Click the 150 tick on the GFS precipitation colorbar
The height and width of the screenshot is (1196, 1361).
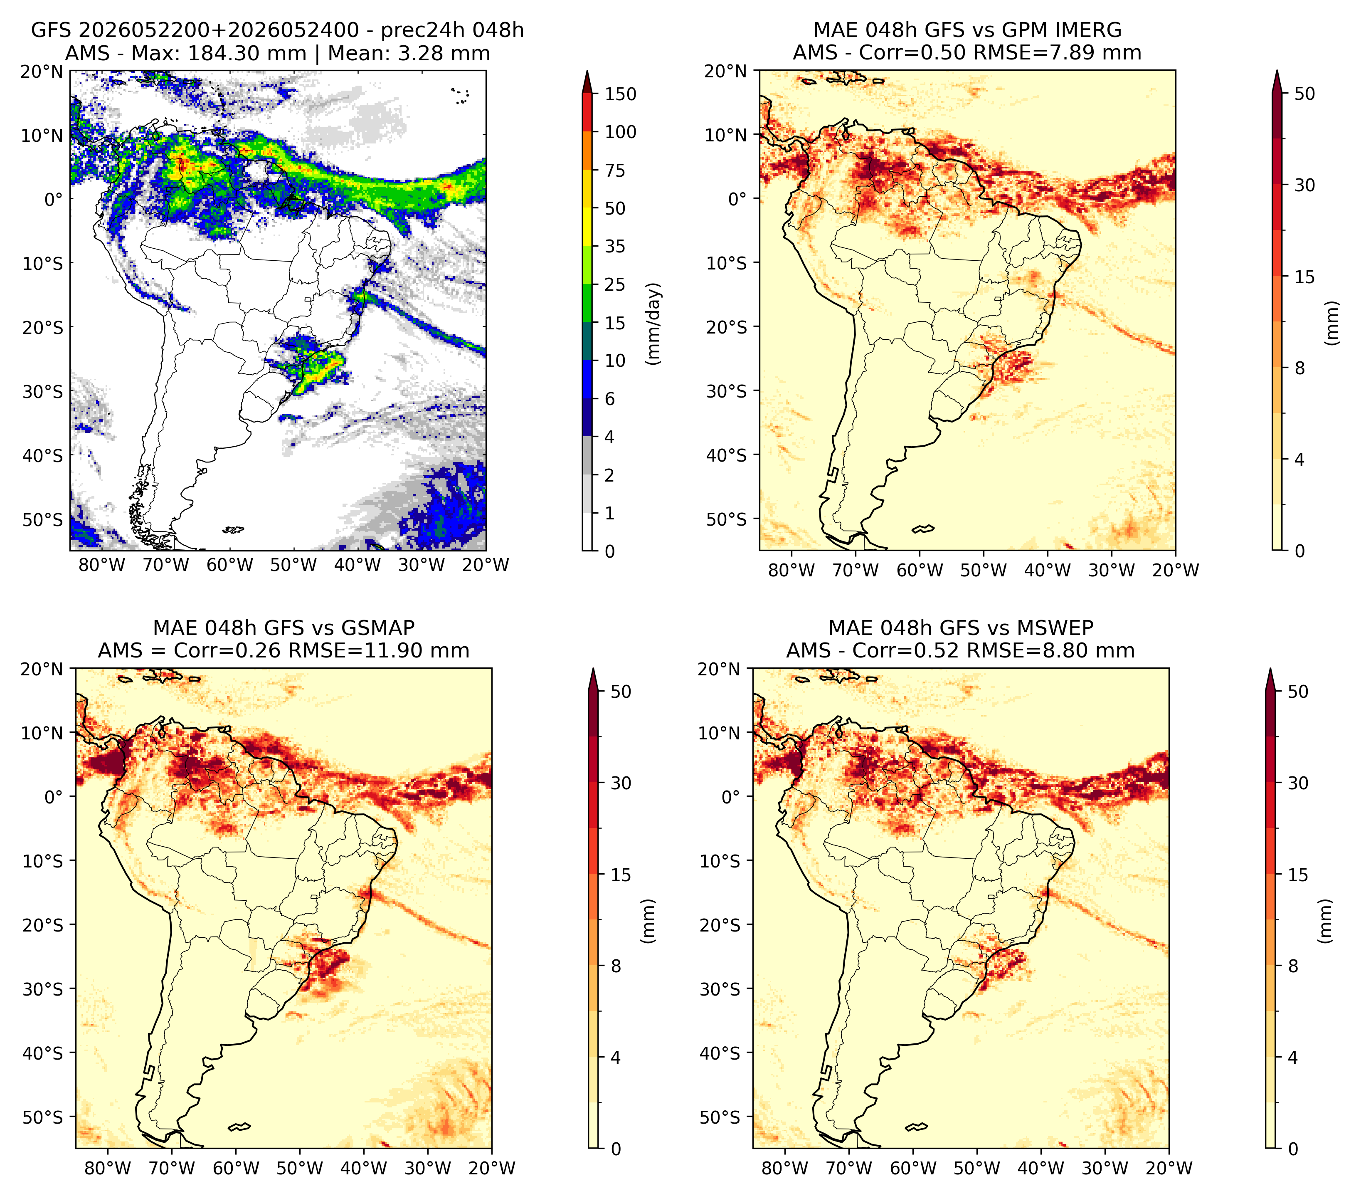[621, 94]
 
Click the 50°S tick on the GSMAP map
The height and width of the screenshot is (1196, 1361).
[43, 1117]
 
